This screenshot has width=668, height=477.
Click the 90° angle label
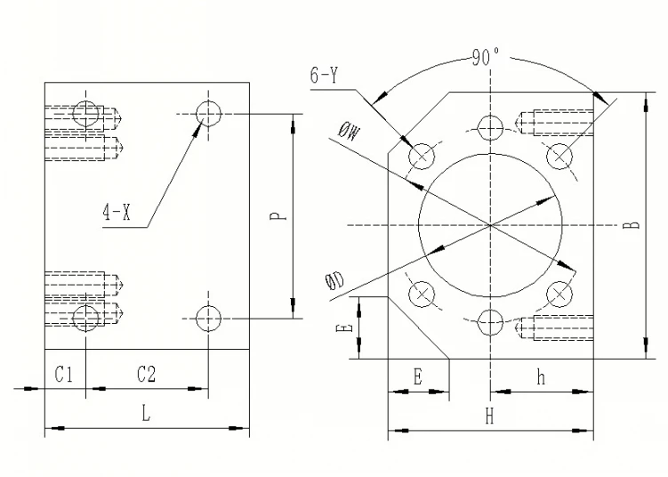pyautogui.click(x=486, y=57)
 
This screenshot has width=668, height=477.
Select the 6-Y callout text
pyautogui.click(x=324, y=76)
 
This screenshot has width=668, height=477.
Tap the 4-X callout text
pyautogui.click(x=117, y=212)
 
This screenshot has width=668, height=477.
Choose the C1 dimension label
pyautogui.click(x=64, y=375)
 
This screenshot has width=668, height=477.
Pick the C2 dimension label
pyautogui.click(x=147, y=375)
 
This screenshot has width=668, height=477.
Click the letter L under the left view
pyautogui.click(x=146, y=413)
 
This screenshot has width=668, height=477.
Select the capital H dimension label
pyautogui.click(x=490, y=416)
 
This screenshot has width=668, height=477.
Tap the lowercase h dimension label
pyautogui.click(x=541, y=377)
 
